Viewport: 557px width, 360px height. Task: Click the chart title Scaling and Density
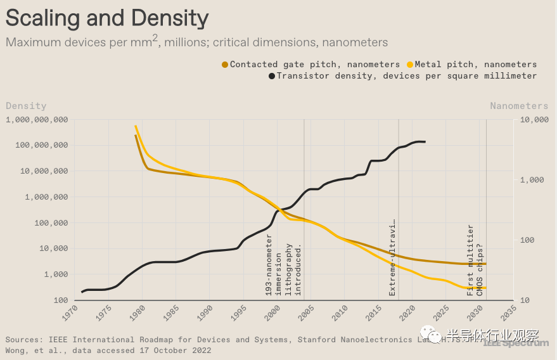(x=107, y=18)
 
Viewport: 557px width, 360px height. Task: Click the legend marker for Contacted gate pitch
(x=225, y=65)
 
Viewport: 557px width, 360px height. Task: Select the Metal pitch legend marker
(x=410, y=65)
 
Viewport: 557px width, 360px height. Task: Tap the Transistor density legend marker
(x=272, y=76)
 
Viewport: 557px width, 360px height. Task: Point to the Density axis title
(x=26, y=106)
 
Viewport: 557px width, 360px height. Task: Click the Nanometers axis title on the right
(x=518, y=106)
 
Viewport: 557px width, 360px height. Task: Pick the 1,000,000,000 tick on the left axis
(x=37, y=120)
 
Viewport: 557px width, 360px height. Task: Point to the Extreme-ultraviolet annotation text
(x=392, y=258)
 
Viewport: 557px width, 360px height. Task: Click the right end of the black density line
(x=425, y=141)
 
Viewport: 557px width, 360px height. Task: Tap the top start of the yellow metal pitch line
(x=136, y=126)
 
